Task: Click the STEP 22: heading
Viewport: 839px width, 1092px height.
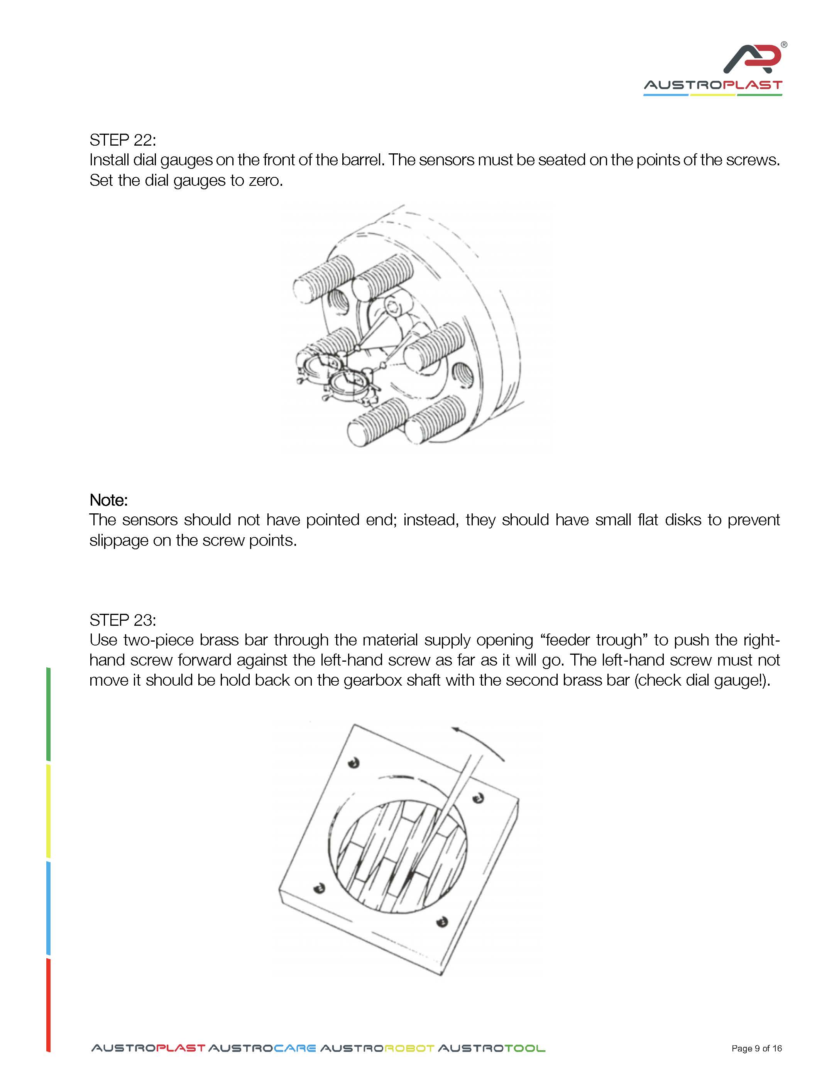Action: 122,139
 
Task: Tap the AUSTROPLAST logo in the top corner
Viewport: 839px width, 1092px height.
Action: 713,70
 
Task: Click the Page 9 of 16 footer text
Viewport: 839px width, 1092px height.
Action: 756,1048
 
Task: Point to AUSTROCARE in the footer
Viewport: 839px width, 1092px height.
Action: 262,1048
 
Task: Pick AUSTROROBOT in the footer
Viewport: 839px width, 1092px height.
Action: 377,1048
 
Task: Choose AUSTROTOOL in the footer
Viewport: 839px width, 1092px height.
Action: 491,1048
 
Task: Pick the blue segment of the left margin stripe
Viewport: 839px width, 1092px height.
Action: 49,907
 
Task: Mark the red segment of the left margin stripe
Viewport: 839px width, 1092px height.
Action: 49,1005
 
